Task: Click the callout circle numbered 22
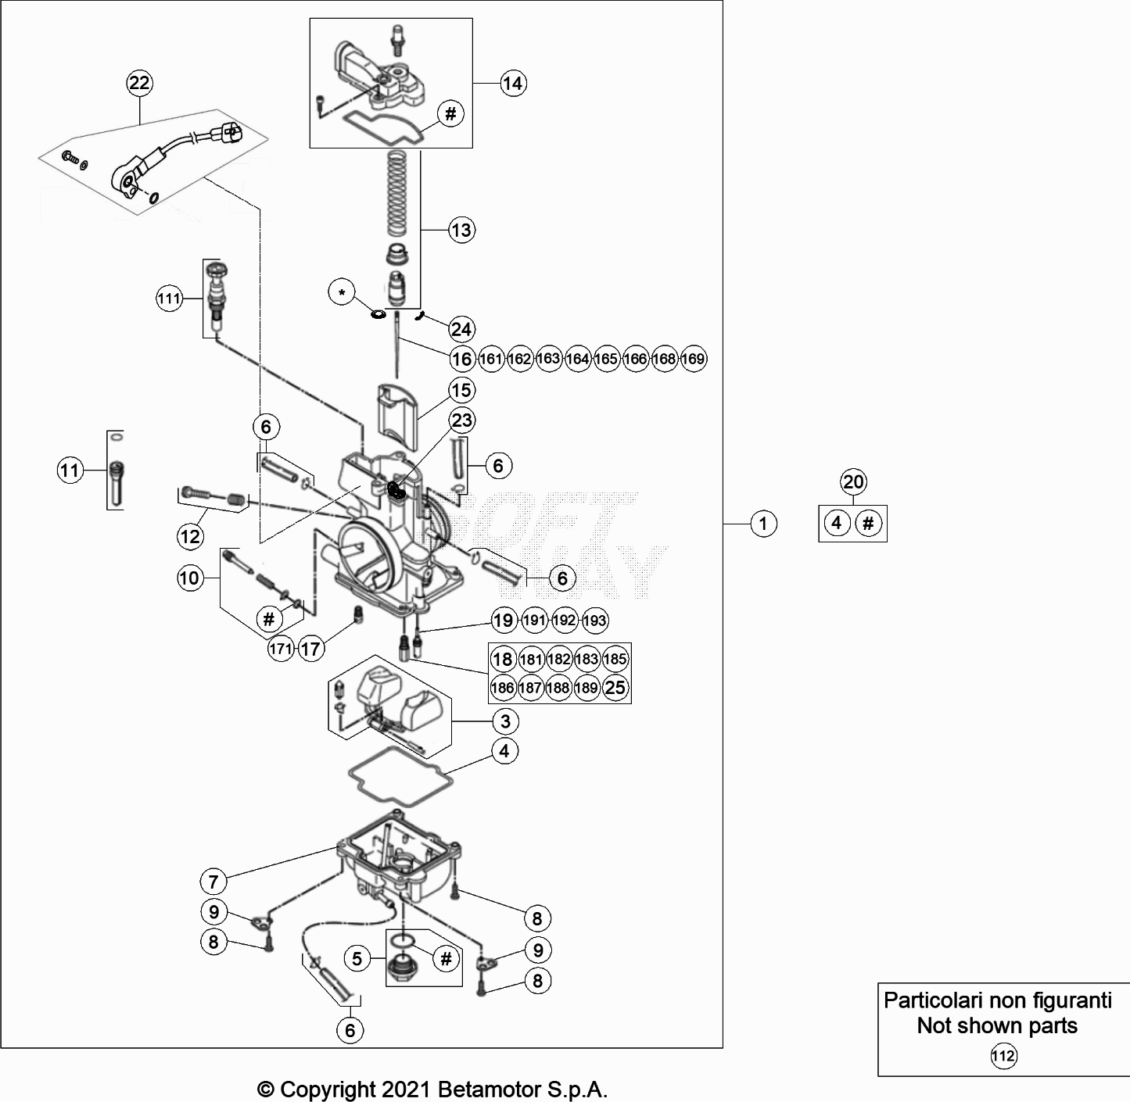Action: coord(139,83)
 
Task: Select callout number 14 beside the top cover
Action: coord(512,83)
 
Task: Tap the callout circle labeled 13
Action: coord(461,230)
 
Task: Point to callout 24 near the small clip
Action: coord(461,329)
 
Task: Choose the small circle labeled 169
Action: coord(693,359)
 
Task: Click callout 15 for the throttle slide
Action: coord(461,390)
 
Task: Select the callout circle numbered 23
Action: coord(461,420)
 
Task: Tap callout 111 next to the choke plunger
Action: coord(169,299)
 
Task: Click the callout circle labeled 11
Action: coord(70,470)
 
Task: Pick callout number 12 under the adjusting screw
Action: coord(190,536)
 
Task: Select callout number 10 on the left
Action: coord(190,578)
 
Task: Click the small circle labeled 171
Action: coord(281,649)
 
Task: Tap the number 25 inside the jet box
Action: coord(616,688)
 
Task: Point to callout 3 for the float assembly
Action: coord(505,721)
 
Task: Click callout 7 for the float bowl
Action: coord(213,882)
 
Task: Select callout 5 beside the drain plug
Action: coord(357,958)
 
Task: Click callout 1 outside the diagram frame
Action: coord(763,524)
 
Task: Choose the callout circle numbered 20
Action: coord(853,481)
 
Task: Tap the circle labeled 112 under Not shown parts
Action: coord(1003,1057)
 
